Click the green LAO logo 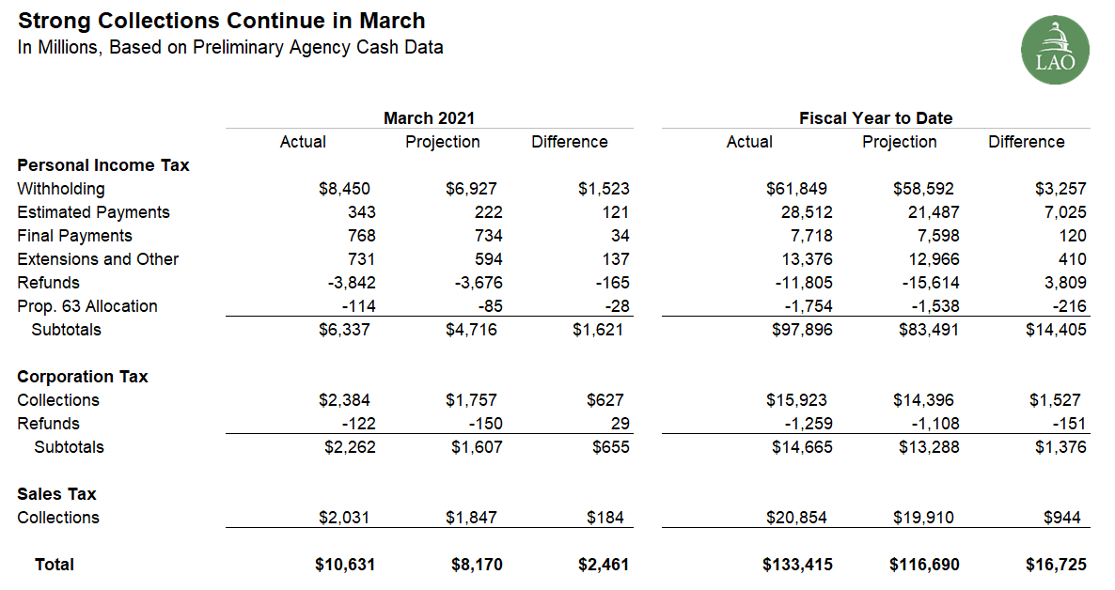1055,50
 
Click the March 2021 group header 429,118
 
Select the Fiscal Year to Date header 875,118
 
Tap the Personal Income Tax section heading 103,165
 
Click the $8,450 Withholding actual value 344,189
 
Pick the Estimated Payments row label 93,211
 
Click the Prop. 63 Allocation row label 86,305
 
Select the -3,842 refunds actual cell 352,282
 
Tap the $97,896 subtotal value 802,330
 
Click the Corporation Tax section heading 83,376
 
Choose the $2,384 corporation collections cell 344,400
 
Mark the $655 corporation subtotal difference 611,447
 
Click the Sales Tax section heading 56,494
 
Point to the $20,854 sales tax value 796,518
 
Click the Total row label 54,565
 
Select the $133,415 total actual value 797,565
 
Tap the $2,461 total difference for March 603,565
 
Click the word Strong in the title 54,21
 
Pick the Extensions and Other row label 98,258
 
